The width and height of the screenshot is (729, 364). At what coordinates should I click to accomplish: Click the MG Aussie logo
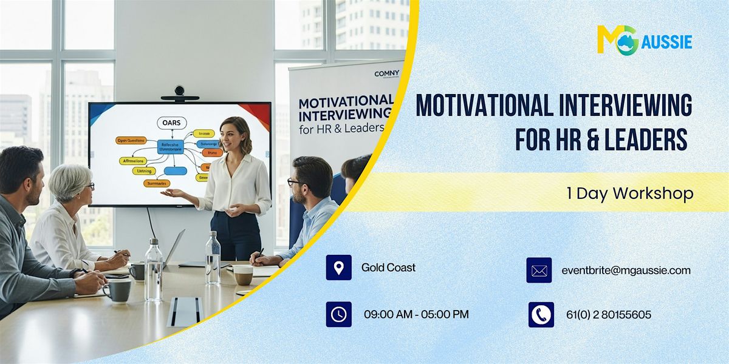[x=644, y=41]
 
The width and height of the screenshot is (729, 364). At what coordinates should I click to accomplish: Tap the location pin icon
[x=338, y=268]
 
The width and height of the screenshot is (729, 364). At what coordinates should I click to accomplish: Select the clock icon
[x=338, y=314]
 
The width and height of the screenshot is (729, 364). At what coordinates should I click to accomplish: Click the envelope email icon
[x=539, y=271]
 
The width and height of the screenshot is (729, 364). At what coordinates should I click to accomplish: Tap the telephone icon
[x=541, y=315]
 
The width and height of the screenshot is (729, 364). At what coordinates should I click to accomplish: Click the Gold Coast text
[x=388, y=268]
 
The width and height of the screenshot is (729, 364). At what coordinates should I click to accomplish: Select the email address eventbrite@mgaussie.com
[x=626, y=271]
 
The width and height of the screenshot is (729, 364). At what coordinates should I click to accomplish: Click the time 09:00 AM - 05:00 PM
[x=416, y=314]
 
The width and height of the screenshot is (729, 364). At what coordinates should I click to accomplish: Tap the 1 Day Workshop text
[x=629, y=194]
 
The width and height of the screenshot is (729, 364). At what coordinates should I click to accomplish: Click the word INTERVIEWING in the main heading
[x=623, y=107]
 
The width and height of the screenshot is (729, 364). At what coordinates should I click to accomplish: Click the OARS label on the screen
[x=171, y=123]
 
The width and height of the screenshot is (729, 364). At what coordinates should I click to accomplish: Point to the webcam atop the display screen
[x=179, y=92]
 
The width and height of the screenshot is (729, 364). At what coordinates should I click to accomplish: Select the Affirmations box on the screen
[x=131, y=161]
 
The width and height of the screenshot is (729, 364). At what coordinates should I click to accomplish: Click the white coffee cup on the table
[x=243, y=274]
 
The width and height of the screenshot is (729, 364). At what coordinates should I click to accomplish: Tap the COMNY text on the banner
[x=386, y=73]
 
